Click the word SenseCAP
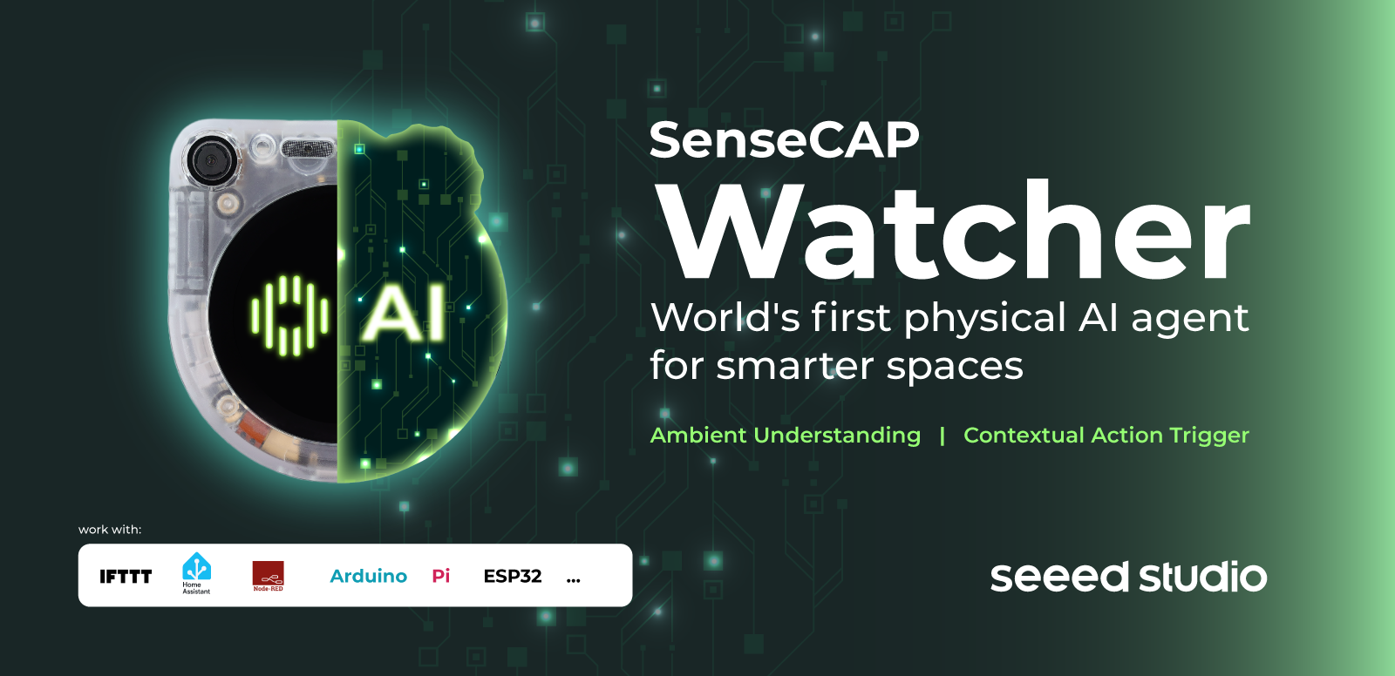click(784, 140)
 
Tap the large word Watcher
click(956, 229)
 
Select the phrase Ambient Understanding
click(786, 435)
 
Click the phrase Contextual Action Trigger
click(1106, 435)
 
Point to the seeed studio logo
click(1128, 577)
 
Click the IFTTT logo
click(126, 577)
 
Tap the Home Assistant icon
click(196, 572)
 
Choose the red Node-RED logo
click(268, 576)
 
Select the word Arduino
click(368, 577)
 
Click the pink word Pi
click(441, 577)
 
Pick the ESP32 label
click(513, 577)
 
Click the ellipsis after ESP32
click(574, 581)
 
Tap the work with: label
click(110, 530)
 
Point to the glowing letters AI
click(405, 313)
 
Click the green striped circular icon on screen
click(289, 315)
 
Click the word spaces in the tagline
click(955, 368)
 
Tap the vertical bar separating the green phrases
click(942, 436)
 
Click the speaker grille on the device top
click(309, 148)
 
